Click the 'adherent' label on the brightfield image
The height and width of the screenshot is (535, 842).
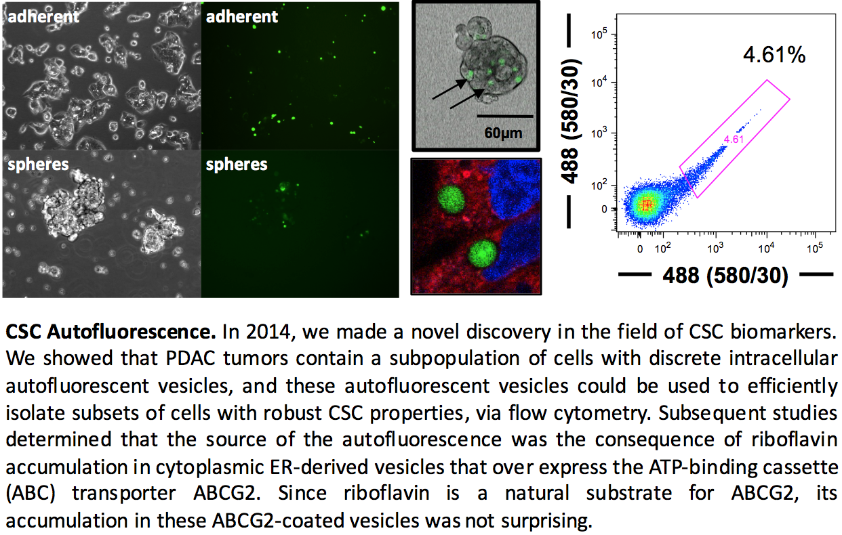coord(43,17)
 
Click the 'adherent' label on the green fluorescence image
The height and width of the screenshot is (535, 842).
coord(242,17)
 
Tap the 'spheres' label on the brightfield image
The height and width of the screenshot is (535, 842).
coord(39,165)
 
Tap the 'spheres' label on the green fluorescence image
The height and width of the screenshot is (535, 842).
coord(237,165)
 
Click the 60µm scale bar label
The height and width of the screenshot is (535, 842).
coord(503,133)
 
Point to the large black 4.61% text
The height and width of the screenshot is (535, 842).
coord(774,55)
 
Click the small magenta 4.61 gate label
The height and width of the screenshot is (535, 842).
coord(734,140)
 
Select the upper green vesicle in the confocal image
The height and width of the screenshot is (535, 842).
coord(451,199)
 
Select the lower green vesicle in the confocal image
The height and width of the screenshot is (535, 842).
coord(482,254)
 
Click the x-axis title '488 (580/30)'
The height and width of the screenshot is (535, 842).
coord(725,276)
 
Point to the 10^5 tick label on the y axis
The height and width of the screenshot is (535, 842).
coord(599,35)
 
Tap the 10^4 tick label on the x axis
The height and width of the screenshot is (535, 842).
coord(766,248)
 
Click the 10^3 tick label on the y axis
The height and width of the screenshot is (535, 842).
coord(599,133)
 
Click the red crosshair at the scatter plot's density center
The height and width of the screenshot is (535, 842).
coord(646,205)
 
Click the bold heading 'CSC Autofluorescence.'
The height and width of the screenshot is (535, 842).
coord(111,332)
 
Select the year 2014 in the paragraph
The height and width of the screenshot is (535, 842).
coord(268,332)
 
